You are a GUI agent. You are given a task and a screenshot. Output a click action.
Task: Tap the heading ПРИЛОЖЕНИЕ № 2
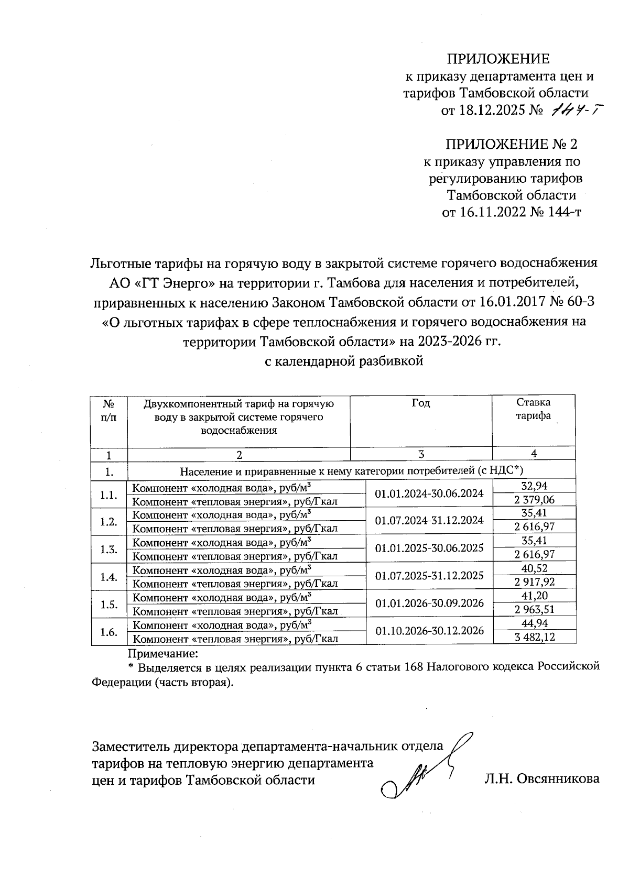(511, 144)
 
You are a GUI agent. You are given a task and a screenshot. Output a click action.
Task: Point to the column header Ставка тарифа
(533, 409)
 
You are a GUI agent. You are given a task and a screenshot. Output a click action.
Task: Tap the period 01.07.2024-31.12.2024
(429, 520)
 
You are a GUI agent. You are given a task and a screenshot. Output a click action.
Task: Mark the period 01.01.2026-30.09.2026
(429, 602)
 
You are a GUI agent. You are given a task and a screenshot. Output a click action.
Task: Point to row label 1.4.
(109, 577)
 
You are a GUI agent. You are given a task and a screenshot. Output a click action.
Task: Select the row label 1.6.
(109, 632)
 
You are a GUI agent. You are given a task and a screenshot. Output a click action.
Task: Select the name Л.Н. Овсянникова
(541, 779)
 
